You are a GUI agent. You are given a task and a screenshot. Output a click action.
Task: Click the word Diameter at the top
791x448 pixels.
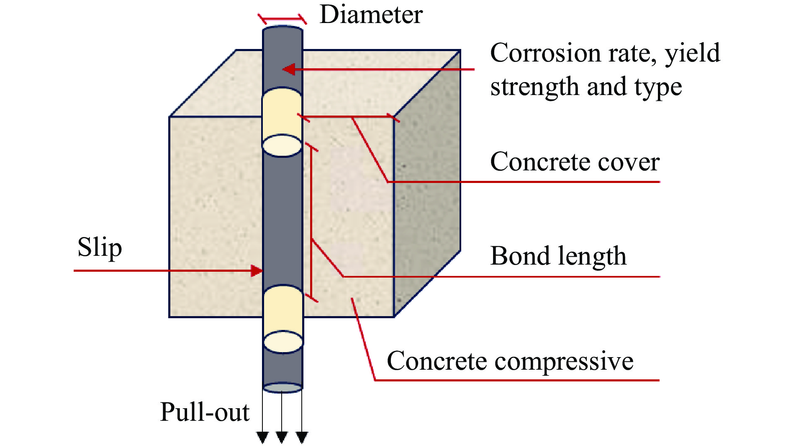coord(371,15)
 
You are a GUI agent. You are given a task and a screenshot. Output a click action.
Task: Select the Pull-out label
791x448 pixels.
coord(205,412)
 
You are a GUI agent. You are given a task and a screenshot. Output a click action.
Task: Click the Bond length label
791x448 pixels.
coord(558,256)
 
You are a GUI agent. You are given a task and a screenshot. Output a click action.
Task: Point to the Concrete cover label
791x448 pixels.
coord(575,162)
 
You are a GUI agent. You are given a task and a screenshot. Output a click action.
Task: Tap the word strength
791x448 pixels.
coord(535,87)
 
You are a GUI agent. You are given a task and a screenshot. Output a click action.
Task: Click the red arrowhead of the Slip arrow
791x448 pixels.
coord(257,270)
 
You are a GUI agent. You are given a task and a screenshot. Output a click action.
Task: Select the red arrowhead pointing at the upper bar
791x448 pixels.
coord(289,69)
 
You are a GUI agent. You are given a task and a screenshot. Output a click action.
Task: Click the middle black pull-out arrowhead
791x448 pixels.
coord(282,438)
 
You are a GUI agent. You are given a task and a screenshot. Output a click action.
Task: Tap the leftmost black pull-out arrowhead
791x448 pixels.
coord(262,438)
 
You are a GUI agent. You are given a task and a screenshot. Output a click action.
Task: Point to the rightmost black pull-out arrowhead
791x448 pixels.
coord(302,438)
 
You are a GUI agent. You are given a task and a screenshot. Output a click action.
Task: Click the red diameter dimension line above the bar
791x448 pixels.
coord(282,19)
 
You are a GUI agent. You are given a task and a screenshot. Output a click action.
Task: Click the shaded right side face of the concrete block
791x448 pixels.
coord(427,184)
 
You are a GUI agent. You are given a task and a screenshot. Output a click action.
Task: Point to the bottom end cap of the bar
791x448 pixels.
coord(282,388)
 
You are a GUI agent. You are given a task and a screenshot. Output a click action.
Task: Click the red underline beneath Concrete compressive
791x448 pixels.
coord(517,380)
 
